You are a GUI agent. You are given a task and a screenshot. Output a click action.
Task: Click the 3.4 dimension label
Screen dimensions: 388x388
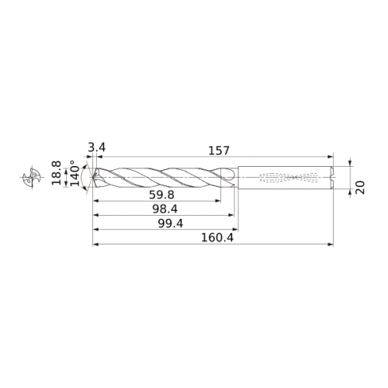click(x=97, y=148)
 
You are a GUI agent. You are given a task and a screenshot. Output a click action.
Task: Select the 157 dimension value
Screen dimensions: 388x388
click(x=219, y=151)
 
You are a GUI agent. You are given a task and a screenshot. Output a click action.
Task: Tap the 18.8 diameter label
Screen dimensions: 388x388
click(x=56, y=173)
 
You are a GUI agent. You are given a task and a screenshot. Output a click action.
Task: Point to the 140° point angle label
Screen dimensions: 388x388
click(x=75, y=173)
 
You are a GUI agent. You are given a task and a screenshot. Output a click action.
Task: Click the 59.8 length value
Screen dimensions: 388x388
click(x=161, y=195)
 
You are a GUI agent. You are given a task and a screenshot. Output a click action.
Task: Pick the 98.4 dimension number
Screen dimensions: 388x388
click(x=165, y=209)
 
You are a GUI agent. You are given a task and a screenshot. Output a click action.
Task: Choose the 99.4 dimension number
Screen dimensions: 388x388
click(x=171, y=223)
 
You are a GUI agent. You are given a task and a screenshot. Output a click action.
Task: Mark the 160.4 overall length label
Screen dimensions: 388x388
click(x=217, y=237)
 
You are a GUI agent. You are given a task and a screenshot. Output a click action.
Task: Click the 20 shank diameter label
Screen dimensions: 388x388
click(x=360, y=188)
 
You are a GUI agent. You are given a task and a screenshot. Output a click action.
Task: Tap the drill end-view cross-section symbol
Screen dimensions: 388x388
click(x=32, y=177)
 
